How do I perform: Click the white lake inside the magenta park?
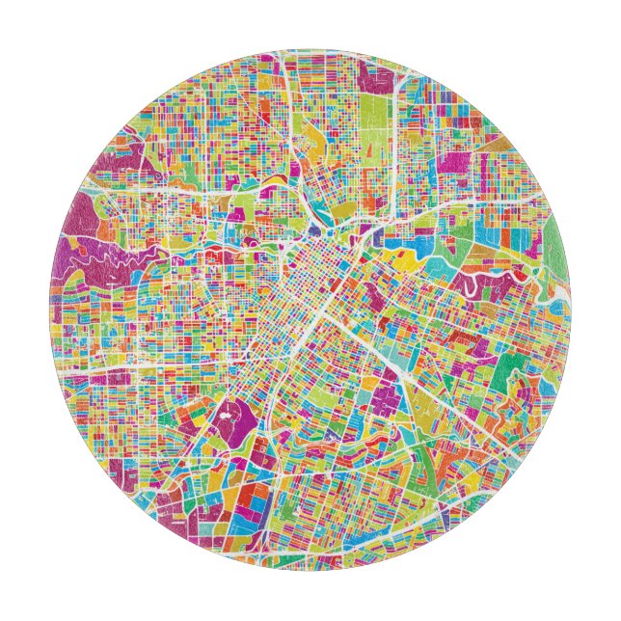point(228,418)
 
